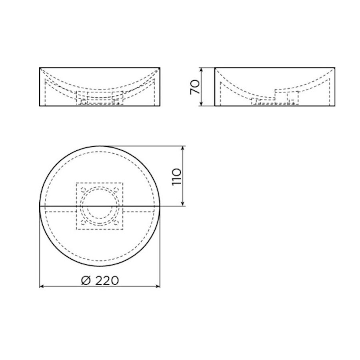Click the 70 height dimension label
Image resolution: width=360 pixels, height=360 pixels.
click(x=195, y=87)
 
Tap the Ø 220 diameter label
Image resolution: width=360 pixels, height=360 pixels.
click(x=100, y=280)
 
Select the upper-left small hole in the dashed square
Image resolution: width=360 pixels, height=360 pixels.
click(x=83, y=189)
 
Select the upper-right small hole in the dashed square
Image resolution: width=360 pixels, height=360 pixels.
click(x=116, y=189)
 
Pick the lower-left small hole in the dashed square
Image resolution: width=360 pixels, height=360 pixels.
click(x=83, y=223)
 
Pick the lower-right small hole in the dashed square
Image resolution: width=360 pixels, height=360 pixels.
click(x=116, y=223)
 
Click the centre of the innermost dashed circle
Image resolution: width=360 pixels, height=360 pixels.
click(x=100, y=206)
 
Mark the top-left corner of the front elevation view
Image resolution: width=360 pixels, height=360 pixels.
click(x=40, y=68)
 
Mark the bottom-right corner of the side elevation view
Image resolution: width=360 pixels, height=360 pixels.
click(x=335, y=106)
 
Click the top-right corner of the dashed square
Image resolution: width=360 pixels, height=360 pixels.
click(x=123, y=183)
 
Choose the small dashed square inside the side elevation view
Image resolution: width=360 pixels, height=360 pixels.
click(x=293, y=97)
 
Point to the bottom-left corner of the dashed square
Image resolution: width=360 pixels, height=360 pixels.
click(x=76, y=230)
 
